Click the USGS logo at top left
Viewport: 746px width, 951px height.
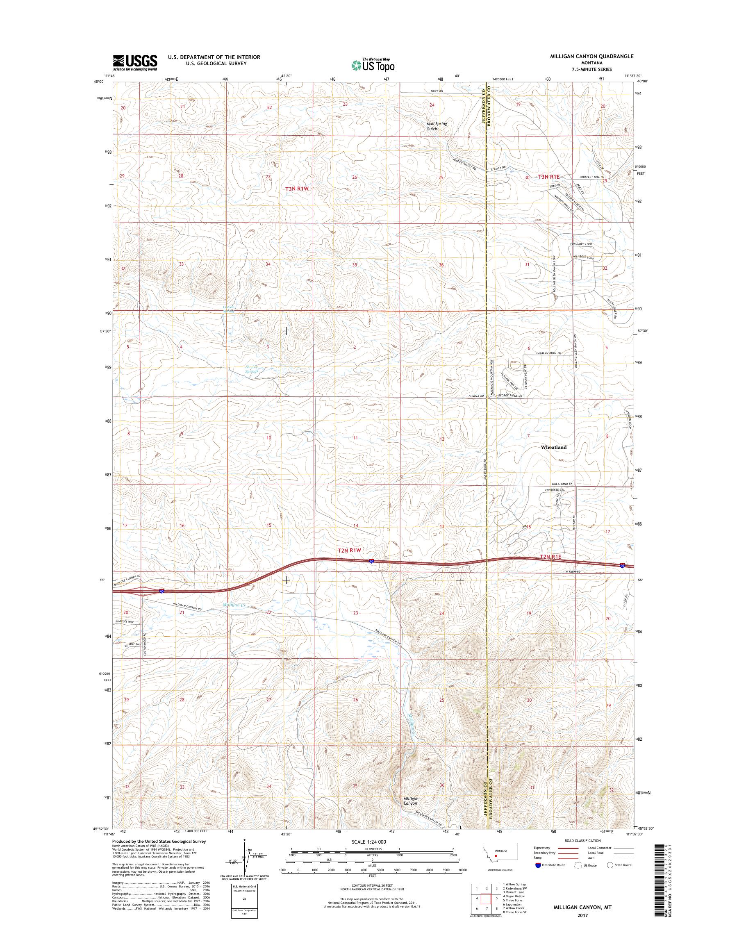135,63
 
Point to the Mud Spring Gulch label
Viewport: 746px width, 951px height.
437,126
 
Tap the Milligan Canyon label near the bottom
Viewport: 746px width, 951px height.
411,801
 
